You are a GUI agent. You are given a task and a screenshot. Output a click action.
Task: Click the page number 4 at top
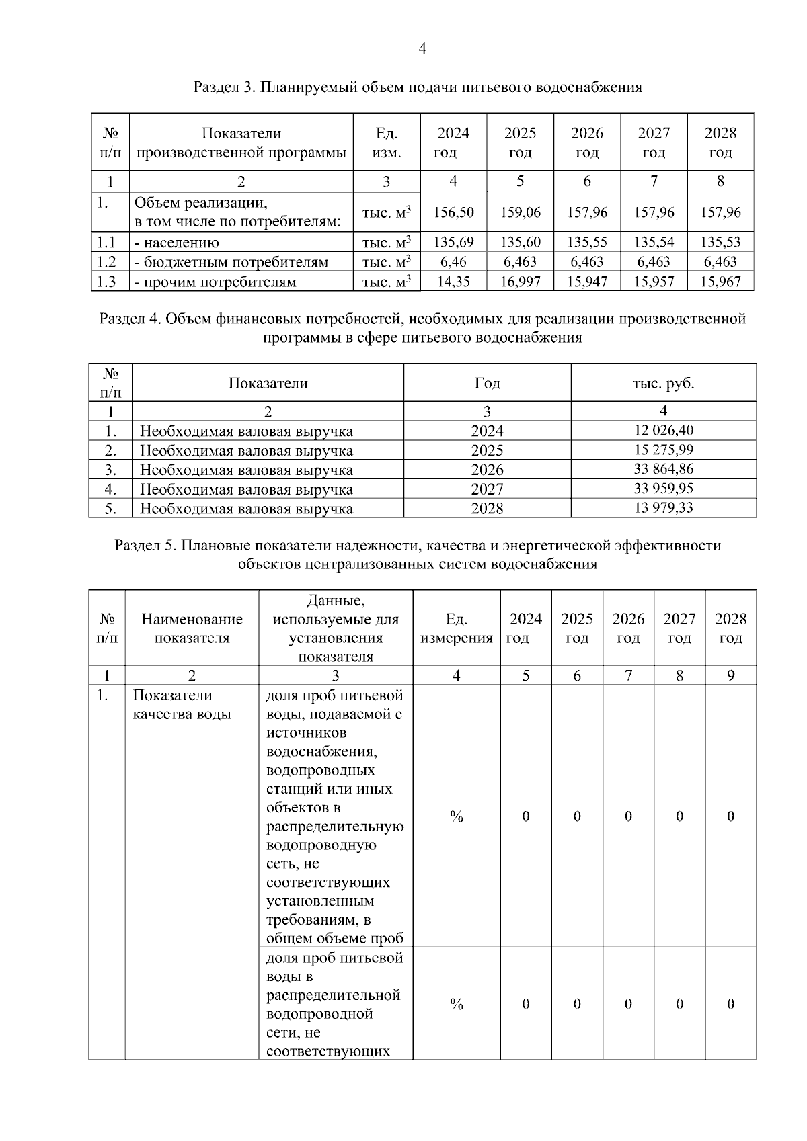pos(422,48)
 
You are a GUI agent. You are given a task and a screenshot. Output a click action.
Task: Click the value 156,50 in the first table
pos(453,212)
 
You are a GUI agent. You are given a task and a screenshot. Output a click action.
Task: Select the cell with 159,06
pos(520,212)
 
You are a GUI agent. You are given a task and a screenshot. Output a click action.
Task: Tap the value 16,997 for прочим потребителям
pos(520,282)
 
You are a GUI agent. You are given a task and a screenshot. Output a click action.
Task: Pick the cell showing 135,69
pos(453,242)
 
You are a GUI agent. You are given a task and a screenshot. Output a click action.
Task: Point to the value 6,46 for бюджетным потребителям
pos(453,262)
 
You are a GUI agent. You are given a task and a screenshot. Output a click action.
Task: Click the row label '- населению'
pos(177,243)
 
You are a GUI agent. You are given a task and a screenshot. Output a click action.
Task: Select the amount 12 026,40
pos(663,430)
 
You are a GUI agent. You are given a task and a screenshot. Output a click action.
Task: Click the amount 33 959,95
pos(663,488)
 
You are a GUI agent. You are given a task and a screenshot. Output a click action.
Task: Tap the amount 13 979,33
pos(663,507)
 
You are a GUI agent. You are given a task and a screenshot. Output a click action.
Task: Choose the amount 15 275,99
pos(663,450)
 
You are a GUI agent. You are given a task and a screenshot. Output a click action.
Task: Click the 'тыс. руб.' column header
pos(663,384)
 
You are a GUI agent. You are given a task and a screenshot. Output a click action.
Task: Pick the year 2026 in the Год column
pos(487,469)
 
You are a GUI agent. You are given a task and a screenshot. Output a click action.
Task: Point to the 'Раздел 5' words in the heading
pos(143,545)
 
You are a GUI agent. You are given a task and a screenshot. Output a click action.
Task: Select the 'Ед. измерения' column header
pos(456,628)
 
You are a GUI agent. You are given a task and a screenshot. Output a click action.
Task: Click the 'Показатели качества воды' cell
pos(182,705)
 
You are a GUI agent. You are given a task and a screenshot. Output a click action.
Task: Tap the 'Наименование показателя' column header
pos(192,628)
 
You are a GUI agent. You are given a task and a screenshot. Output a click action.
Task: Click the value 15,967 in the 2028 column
pos(720,282)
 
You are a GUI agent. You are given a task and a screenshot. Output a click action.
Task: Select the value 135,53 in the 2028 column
pos(720,242)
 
